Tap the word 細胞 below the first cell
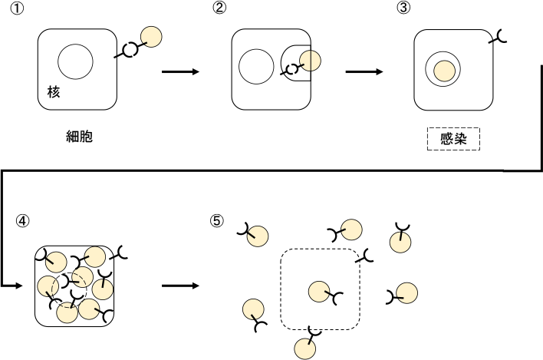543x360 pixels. (x=80, y=138)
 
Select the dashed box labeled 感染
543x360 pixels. (x=452, y=139)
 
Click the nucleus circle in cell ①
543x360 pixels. (x=76, y=61)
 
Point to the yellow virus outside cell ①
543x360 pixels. (x=152, y=38)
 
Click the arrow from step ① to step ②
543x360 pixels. (x=181, y=72)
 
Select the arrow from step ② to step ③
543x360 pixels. (x=364, y=72)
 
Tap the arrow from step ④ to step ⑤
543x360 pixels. (x=181, y=286)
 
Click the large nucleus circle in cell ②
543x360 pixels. (x=256, y=66)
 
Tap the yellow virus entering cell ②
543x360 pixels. (x=310, y=61)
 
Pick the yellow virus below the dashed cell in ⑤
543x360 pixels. (x=305, y=348)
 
